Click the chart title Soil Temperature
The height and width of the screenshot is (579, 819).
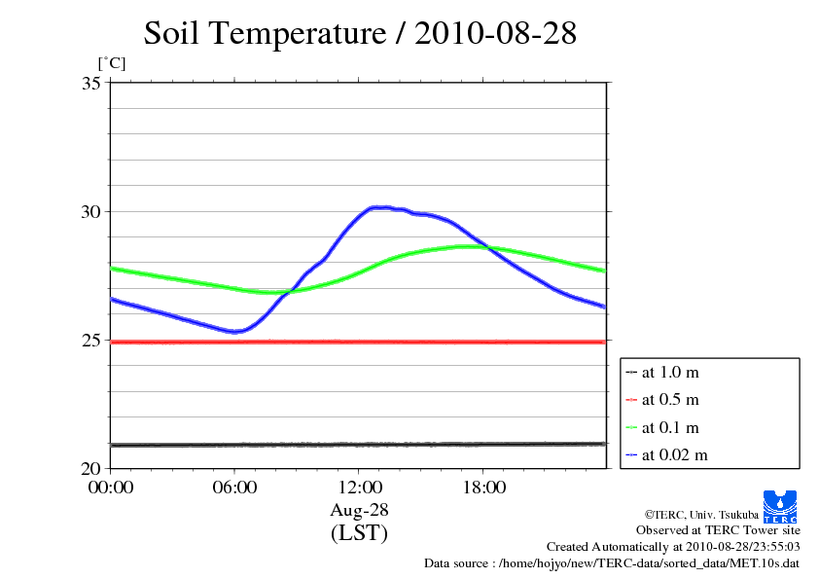tap(360, 33)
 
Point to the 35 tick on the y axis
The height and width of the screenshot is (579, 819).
tap(92, 83)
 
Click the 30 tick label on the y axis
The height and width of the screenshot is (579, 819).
tap(92, 211)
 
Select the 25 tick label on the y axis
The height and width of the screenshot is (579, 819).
tap(92, 340)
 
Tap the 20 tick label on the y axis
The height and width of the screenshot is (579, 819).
tap(92, 468)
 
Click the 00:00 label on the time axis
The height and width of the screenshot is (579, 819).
tap(110, 488)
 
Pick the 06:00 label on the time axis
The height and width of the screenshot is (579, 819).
tap(234, 488)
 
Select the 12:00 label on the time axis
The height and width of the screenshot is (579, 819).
tap(359, 488)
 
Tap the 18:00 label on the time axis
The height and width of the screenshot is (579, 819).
tap(483, 488)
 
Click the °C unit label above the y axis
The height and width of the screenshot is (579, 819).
tap(111, 63)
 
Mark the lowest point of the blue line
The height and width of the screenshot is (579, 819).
tap(234, 331)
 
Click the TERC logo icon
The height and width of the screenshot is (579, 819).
tap(781, 505)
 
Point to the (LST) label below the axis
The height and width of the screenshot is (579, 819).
tap(359, 533)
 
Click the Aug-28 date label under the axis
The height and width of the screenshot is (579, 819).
tap(359, 510)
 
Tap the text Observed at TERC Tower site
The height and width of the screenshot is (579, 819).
tap(718, 530)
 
